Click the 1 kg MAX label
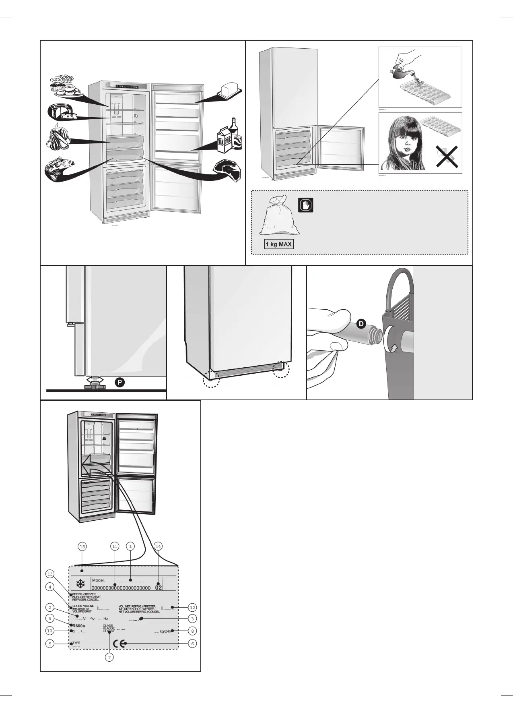point(279,244)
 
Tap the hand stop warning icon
point(306,205)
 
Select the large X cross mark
point(447,157)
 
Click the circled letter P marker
point(119,382)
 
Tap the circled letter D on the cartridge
point(361,324)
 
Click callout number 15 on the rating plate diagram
point(82,546)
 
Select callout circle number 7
point(109,657)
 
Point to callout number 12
point(192,607)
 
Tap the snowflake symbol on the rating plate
point(80,584)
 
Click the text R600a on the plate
point(79,625)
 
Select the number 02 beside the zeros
point(159,588)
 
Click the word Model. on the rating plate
point(98,580)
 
